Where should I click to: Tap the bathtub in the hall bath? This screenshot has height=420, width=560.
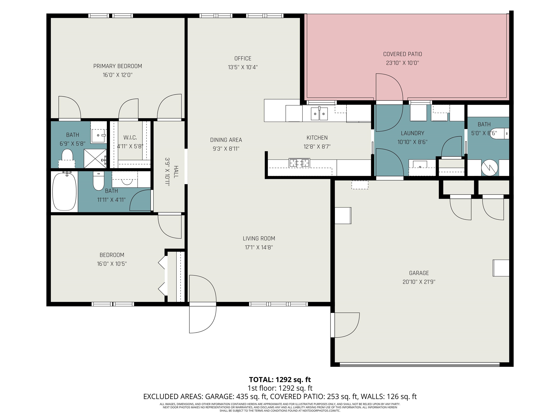(64, 191)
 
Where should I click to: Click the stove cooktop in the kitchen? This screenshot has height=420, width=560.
(300, 163)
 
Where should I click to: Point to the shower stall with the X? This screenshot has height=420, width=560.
(95, 158)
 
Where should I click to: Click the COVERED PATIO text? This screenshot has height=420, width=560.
(402, 54)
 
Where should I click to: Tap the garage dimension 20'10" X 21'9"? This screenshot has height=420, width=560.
(419, 282)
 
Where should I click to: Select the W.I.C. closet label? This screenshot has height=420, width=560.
(130, 138)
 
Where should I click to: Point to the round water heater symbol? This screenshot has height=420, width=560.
(490, 167)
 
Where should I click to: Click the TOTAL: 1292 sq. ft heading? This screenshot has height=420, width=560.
(280, 380)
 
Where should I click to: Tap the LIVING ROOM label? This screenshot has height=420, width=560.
(259, 238)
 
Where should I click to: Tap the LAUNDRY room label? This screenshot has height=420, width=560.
(412, 133)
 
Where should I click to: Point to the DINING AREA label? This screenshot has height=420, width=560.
(226, 140)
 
